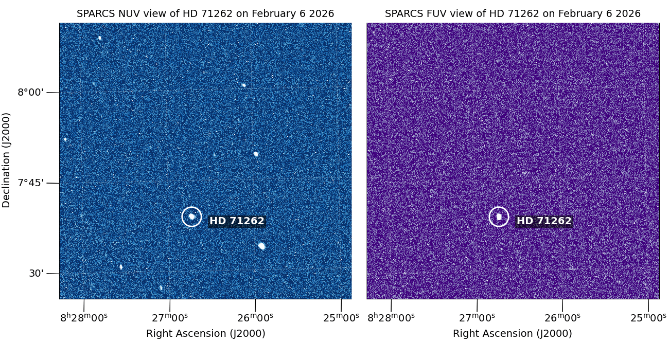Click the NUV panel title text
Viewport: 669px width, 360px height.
[205, 14]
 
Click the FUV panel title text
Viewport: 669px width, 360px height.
[513, 14]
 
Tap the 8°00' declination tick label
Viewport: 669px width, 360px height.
[31, 93]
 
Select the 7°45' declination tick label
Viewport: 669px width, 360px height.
[31, 183]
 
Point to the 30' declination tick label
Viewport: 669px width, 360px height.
[36, 274]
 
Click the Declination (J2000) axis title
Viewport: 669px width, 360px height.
[6, 160]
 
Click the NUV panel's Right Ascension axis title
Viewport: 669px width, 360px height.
[205, 333]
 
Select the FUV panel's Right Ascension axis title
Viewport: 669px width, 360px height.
[513, 333]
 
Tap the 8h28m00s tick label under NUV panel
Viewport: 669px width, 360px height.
[84, 317]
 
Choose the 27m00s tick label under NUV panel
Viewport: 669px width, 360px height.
[170, 317]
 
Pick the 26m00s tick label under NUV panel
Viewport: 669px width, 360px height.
[255, 317]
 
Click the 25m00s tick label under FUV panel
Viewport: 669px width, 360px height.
[648, 317]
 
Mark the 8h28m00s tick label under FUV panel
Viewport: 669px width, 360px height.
[391, 317]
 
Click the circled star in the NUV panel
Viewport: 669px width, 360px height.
[192, 217]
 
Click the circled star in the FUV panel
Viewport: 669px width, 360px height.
[499, 217]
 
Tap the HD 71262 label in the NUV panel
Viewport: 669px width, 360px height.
[237, 221]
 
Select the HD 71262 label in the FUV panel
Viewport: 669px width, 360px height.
[544, 221]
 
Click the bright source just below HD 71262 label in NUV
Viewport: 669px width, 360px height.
[261, 246]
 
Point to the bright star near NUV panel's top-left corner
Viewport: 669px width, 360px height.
[100, 38]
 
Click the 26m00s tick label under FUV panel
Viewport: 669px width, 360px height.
[562, 317]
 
